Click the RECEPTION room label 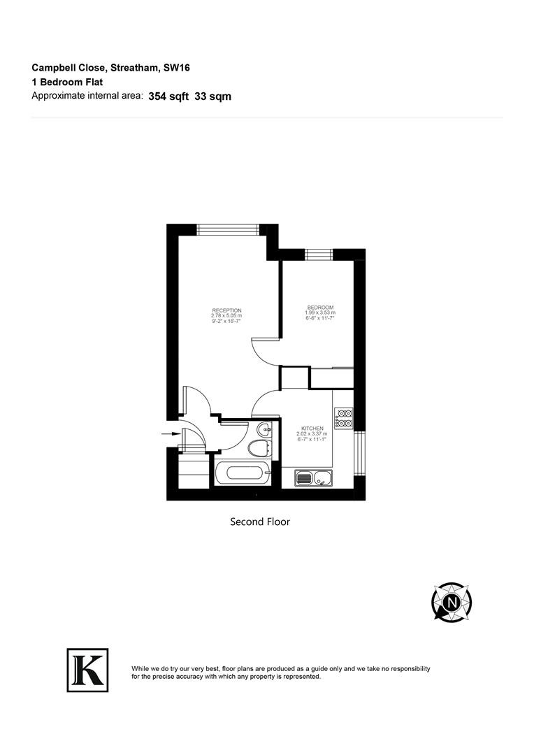(226, 310)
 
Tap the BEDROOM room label (320, 308)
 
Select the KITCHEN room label (312, 429)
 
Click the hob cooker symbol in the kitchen (344, 419)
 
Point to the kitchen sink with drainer (313, 478)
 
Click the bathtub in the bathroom (244, 473)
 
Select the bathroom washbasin (264, 428)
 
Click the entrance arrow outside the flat (171, 434)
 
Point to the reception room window (228, 230)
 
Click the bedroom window (319, 254)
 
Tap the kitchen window (360, 453)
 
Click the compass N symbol (452, 603)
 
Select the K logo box (87, 670)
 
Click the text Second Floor (260, 522)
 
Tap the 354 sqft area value (168, 96)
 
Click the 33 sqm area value (212, 96)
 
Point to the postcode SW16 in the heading (177, 68)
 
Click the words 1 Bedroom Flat (67, 82)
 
